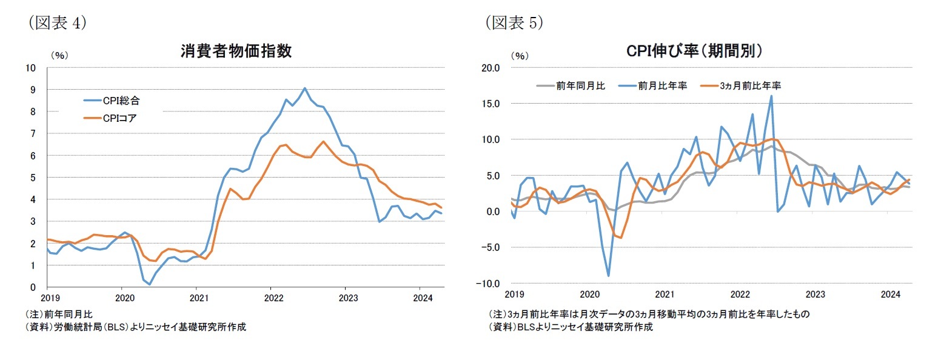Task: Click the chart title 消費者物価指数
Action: [x=236, y=51]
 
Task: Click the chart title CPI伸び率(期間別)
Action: [x=694, y=52]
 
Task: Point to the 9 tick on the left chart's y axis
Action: [x=33, y=90]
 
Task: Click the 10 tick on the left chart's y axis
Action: [x=31, y=67]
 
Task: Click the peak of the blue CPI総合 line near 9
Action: [x=304, y=88]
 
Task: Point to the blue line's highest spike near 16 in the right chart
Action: [x=771, y=96]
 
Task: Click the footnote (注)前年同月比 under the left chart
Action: [x=68, y=315]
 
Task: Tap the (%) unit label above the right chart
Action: [x=520, y=55]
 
